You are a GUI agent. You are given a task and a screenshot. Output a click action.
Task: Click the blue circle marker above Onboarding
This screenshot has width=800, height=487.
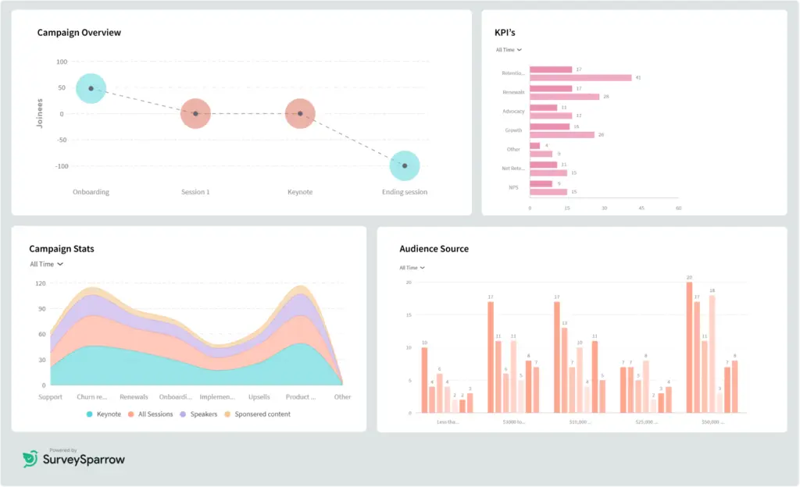[91, 88]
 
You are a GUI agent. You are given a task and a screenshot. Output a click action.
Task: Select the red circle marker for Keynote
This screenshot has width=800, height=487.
[300, 114]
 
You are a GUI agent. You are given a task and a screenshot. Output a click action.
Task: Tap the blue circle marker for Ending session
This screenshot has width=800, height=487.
[405, 165]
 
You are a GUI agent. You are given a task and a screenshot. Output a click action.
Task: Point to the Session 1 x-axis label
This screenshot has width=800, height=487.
[195, 192]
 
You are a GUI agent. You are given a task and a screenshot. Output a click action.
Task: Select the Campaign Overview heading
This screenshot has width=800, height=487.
[79, 33]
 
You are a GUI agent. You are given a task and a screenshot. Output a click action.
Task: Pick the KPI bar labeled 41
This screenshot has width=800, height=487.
[580, 78]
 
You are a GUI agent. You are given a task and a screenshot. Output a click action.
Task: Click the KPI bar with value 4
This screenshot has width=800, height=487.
[534, 145]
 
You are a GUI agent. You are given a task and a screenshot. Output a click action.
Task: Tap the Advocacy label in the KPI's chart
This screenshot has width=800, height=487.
[513, 112]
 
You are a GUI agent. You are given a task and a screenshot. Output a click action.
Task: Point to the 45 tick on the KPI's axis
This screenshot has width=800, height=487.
[641, 208]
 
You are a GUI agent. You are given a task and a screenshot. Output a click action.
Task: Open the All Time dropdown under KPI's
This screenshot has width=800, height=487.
[509, 50]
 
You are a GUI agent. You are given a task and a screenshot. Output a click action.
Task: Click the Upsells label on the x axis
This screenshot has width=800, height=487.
[259, 396]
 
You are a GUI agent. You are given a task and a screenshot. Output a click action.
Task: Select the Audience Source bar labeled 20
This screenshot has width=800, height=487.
[689, 347]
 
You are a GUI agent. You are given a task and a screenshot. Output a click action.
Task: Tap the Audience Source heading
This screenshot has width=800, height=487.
[434, 249]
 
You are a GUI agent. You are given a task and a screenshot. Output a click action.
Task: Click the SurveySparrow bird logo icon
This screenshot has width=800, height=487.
[30, 459]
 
